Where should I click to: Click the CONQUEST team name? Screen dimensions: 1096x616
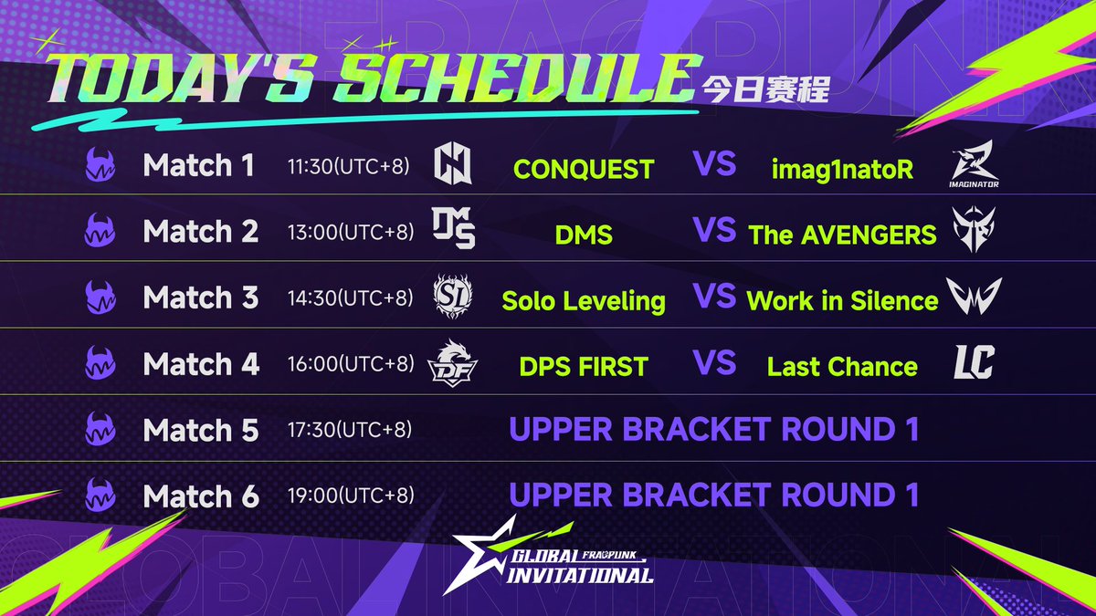click(584, 169)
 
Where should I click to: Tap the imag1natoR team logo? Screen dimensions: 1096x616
click(974, 163)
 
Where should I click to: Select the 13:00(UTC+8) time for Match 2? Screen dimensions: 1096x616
click(351, 232)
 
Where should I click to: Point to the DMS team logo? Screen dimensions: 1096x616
click(454, 228)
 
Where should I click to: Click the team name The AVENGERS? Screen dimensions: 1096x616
click(842, 235)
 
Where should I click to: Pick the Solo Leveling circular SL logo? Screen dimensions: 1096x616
click(453, 297)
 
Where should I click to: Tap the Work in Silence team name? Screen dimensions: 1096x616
click(842, 300)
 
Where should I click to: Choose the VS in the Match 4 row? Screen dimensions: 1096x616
click(714, 362)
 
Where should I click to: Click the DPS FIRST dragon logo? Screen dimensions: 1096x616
click(452, 363)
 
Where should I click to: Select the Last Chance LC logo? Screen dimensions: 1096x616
click(975, 361)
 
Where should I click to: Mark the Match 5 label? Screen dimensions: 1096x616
click(201, 430)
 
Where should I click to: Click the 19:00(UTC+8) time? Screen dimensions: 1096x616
click(351, 496)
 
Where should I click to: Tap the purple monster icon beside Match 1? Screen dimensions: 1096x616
click(100, 164)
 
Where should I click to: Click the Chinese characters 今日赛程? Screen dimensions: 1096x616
click(765, 89)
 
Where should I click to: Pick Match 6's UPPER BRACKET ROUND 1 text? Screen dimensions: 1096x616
click(714, 495)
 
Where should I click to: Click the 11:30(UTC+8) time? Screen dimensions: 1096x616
click(348, 166)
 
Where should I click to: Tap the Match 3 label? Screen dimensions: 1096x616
click(201, 298)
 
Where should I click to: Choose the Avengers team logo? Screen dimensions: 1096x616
click(974, 229)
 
